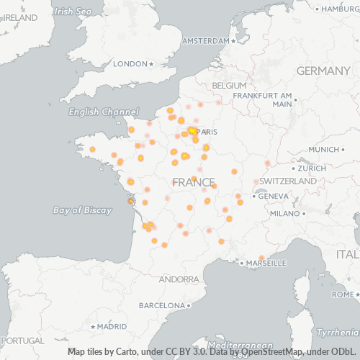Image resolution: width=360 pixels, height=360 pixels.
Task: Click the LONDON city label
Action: tap(130, 64)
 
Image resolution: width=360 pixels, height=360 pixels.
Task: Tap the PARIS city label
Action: tap(207, 132)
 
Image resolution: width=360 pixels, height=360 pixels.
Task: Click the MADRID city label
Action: tap(107, 326)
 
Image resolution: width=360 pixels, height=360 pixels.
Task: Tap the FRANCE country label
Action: tap(194, 181)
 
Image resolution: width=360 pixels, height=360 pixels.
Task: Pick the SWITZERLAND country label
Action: tap(288, 181)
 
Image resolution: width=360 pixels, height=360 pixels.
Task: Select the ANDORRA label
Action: tap(178, 279)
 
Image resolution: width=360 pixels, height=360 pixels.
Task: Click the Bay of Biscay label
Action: tap(82, 210)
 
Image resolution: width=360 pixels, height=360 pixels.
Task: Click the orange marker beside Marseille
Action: tap(262, 258)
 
